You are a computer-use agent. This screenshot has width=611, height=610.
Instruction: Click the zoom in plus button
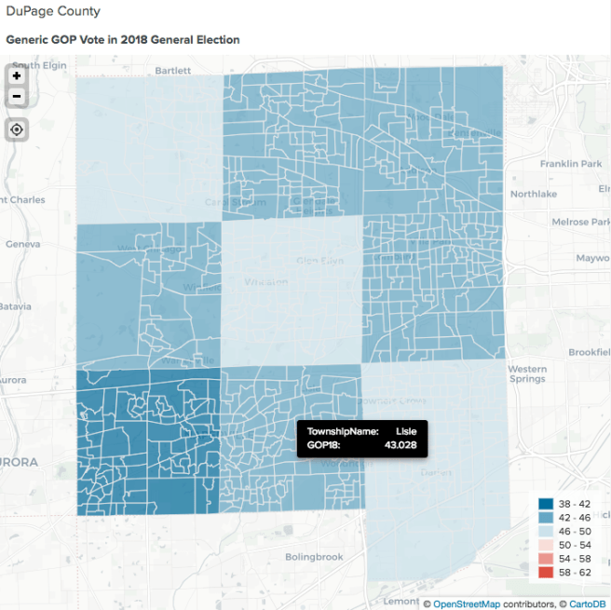click(17, 76)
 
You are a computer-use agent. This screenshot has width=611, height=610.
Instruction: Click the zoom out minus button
click(17, 97)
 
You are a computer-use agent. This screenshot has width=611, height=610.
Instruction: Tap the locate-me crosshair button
click(17, 129)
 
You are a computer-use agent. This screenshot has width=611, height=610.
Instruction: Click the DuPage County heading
click(53, 11)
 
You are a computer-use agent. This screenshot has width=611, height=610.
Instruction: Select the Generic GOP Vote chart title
click(123, 40)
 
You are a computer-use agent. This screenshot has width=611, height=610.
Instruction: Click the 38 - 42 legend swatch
click(546, 504)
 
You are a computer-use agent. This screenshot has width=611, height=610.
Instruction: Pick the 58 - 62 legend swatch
click(546, 571)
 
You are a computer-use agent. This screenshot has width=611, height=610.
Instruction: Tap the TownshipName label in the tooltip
click(343, 431)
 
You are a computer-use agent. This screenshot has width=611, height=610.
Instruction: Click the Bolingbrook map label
click(314, 557)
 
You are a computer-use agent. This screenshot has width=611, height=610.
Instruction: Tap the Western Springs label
click(527, 374)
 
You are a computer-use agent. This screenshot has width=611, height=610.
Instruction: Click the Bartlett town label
click(172, 70)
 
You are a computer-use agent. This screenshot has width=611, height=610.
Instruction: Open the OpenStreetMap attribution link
click(471, 603)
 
